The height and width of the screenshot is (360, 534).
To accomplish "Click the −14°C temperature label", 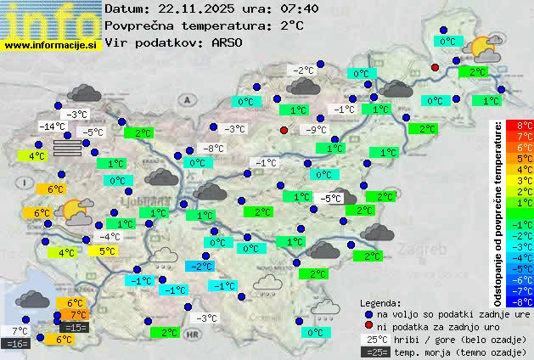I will point(53,127).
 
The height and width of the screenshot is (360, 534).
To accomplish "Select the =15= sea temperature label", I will point(75,327).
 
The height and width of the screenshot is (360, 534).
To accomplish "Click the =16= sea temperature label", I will point(17,344).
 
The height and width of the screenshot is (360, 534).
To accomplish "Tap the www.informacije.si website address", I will point(51,44).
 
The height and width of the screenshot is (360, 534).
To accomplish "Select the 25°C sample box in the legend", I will point(374,339).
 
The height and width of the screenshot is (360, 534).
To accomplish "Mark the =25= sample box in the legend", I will point(374,352).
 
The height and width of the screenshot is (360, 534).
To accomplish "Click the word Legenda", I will point(381,302).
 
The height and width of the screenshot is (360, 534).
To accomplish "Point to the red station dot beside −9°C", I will point(284,130).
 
